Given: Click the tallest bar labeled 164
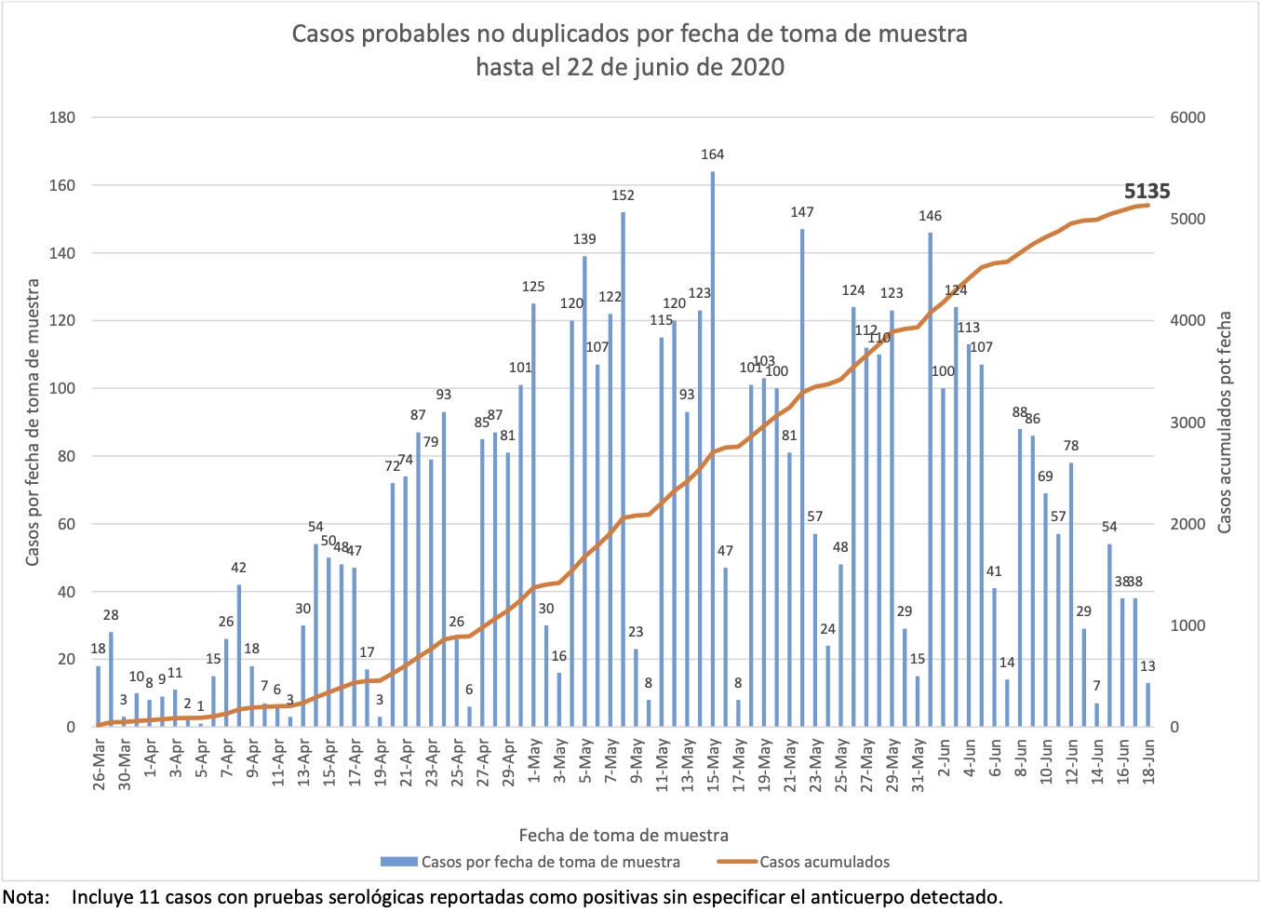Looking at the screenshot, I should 713,447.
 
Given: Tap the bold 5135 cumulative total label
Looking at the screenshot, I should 1147,191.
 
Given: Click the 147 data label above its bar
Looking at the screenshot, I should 802,212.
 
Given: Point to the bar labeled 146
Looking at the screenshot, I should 930,479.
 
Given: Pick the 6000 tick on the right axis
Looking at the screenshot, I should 1187,117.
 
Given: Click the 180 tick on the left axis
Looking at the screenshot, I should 61,117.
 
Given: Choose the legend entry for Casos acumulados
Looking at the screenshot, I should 824,862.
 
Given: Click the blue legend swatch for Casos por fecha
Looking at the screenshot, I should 398,862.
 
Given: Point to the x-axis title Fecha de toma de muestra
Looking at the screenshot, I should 624,835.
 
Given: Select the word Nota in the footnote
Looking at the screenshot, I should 26,897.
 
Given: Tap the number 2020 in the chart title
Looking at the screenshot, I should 757,67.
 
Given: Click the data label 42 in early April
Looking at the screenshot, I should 238,568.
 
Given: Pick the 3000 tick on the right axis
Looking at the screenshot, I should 1187,422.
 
